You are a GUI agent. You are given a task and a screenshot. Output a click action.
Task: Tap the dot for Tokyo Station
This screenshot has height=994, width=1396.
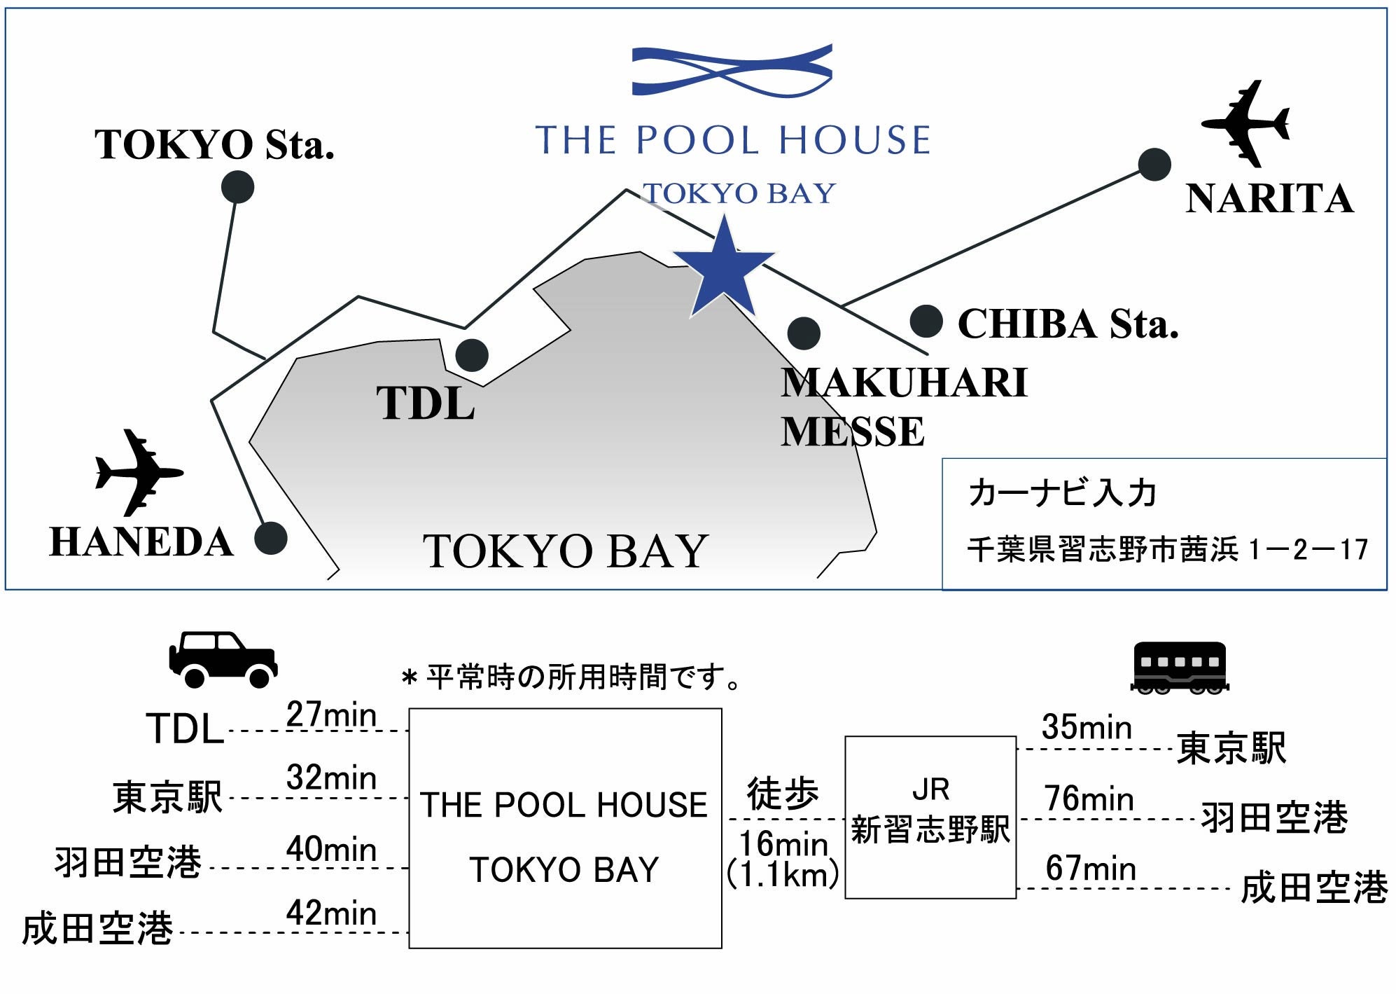pyautogui.click(x=237, y=187)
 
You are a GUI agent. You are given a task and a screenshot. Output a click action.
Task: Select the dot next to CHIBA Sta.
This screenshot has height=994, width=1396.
pyautogui.click(x=926, y=322)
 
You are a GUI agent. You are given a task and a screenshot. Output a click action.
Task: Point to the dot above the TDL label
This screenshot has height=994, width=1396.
pyautogui.click(x=472, y=355)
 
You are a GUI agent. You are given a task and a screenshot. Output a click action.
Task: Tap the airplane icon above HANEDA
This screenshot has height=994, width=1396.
pyautogui.click(x=139, y=472)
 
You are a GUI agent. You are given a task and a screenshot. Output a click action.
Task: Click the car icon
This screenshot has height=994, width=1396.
pyautogui.click(x=223, y=658)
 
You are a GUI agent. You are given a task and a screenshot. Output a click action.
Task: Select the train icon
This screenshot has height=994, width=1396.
pyautogui.click(x=1180, y=667)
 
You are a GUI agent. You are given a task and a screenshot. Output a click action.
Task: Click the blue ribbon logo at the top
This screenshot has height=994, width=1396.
pyautogui.click(x=732, y=70)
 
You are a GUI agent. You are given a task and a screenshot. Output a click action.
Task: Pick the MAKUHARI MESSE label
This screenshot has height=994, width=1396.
pyautogui.click(x=903, y=407)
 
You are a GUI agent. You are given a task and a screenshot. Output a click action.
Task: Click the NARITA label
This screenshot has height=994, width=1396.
pyautogui.click(x=1269, y=199)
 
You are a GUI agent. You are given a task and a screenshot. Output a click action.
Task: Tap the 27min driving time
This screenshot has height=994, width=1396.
pyautogui.click(x=331, y=715)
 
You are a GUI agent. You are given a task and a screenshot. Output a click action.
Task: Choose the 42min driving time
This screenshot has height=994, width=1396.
pyautogui.click(x=331, y=913)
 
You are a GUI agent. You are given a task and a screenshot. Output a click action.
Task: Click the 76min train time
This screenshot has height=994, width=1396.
pyautogui.click(x=1089, y=799)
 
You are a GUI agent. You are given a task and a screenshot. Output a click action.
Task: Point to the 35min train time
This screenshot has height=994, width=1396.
pyautogui.click(x=1087, y=727)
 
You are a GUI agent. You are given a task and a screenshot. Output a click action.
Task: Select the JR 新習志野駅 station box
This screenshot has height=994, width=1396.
pyautogui.click(x=930, y=817)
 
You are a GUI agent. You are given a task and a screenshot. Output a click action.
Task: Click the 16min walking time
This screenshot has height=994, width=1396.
pyautogui.click(x=783, y=843)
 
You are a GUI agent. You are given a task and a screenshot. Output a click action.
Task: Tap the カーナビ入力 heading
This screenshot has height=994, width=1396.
pyautogui.click(x=1062, y=492)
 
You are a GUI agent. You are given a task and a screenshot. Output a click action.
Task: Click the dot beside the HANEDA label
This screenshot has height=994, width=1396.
pyautogui.click(x=270, y=538)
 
